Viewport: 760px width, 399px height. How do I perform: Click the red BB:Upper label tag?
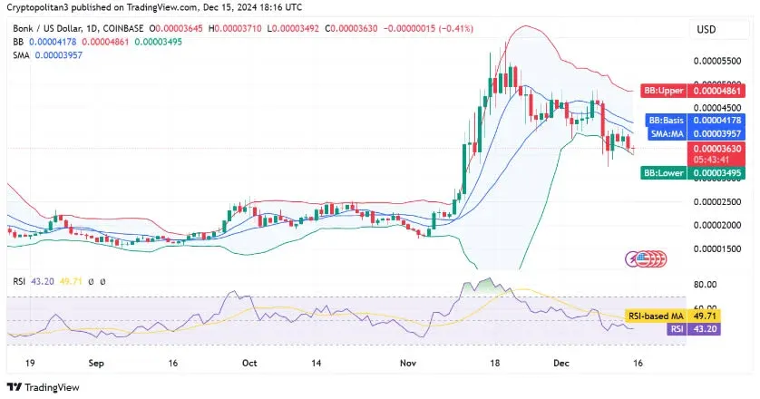click(664, 91)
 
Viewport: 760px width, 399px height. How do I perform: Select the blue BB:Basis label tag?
click(664, 121)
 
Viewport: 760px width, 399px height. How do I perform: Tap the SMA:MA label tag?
click(664, 134)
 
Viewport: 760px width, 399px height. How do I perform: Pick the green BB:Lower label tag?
click(663, 172)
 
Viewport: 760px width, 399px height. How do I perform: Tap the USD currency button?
click(706, 29)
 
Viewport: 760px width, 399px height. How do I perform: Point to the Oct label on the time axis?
click(248, 360)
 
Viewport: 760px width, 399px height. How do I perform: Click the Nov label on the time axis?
click(408, 360)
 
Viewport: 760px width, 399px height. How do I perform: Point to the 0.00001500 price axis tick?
click(716, 248)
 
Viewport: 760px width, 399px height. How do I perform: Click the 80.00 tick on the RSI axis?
click(705, 284)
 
